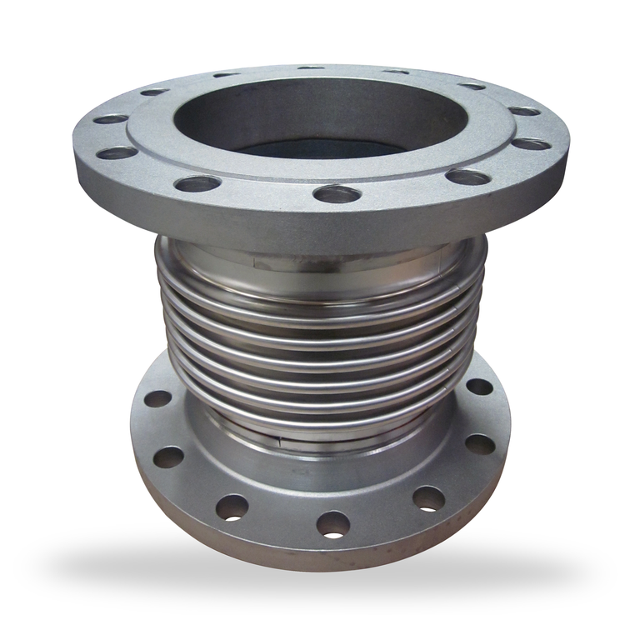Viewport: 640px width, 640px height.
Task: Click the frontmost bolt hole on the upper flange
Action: pyautogui.click(x=337, y=194)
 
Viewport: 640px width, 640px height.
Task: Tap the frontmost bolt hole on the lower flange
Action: pyautogui.click(x=332, y=524)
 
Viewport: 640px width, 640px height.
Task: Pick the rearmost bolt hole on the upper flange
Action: pyautogui.click(x=310, y=67)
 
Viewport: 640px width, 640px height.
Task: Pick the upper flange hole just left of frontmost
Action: pyautogui.click(x=198, y=182)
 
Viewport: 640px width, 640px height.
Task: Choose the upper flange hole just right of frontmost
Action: pyautogui.click(x=467, y=177)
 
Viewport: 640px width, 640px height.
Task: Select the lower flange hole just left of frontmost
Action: pyautogui.click(x=232, y=506)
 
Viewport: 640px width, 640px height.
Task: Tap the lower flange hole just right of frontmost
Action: pyautogui.click(x=428, y=498)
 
